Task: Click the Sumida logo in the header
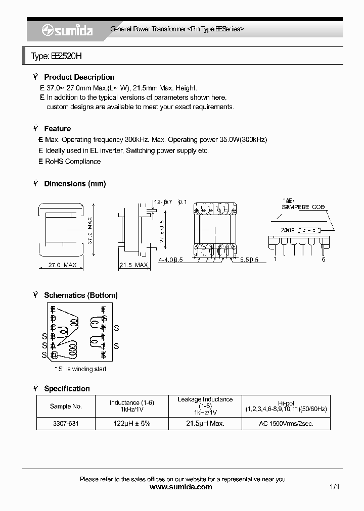[x=67, y=31]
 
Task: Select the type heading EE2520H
[x=56, y=57]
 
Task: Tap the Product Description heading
[x=79, y=77]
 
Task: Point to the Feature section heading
[x=57, y=129]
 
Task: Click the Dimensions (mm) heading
[x=75, y=184]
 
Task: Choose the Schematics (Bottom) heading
[x=81, y=295]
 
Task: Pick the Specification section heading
[x=67, y=389]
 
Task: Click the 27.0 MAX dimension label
[x=62, y=265]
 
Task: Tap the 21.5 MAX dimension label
[x=133, y=265]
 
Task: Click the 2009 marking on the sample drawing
[x=288, y=230]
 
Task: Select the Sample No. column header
[x=66, y=406]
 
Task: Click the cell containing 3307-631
[x=66, y=424]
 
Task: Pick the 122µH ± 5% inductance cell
[x=131, y=424]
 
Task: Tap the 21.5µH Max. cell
[x=205, y=424]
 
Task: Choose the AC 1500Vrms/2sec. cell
[x=286, y=424]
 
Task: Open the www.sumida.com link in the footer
[x=181, y=487]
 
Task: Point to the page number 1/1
[x=334, y=487]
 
